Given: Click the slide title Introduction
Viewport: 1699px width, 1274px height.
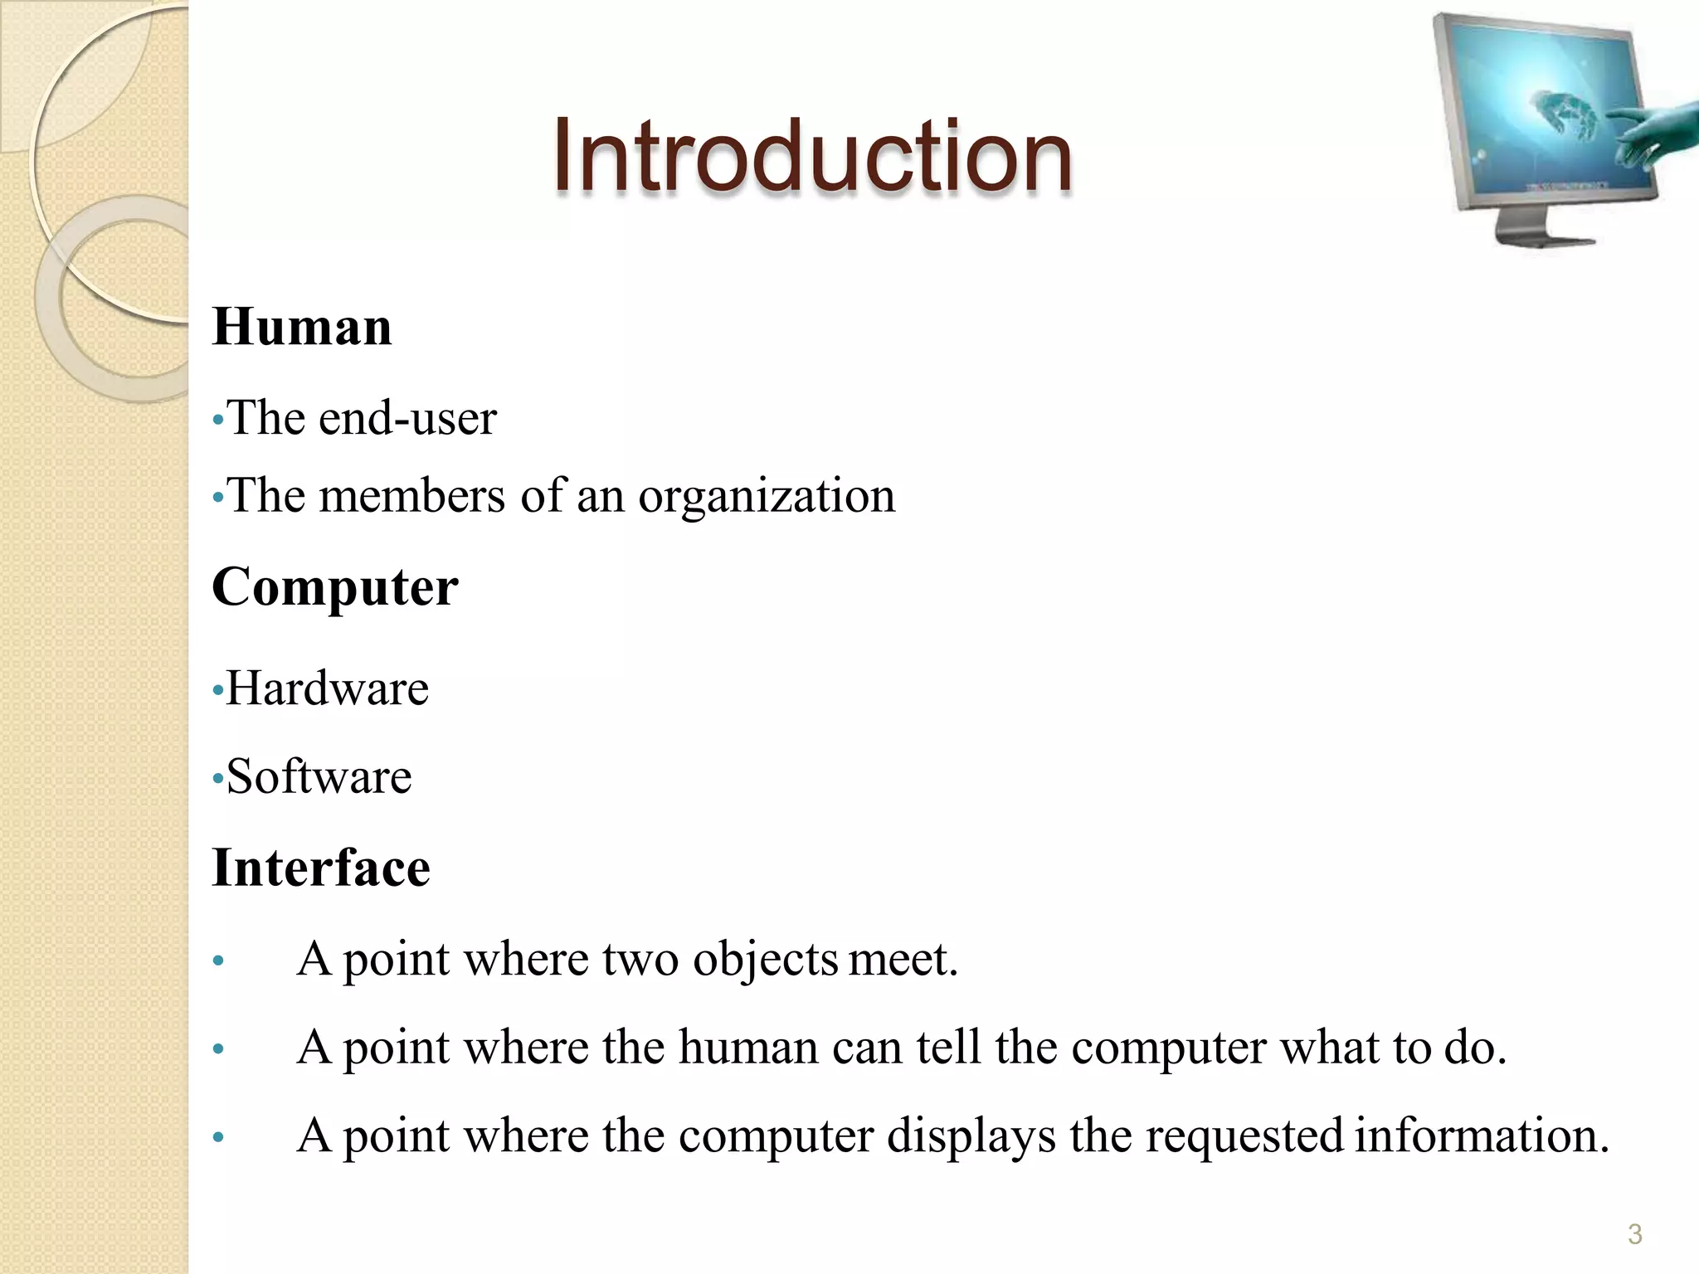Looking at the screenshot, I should pos(813,156).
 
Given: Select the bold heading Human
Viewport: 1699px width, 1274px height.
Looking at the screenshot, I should pos(302,327).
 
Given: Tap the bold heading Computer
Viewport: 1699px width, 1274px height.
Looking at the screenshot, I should pos(334,588).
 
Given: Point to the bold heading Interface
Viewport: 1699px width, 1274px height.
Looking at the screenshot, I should pos(321,868).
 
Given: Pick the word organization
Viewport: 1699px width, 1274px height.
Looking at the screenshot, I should pos(767,497).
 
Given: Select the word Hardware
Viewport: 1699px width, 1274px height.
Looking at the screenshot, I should pos(327,688).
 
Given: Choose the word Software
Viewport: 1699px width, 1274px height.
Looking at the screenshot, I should pos(319,777).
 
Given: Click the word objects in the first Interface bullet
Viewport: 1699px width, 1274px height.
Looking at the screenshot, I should pos(765,960).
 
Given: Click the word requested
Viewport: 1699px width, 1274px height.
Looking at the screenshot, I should pos(1244,1135).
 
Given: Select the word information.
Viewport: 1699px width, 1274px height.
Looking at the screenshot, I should pos(1482,1135).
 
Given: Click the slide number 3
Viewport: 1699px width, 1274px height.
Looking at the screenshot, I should pos(1635,1234).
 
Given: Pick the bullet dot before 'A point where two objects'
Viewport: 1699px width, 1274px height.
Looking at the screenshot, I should pos(218,962).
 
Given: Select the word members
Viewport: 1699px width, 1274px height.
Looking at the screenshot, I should pos(412,497).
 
